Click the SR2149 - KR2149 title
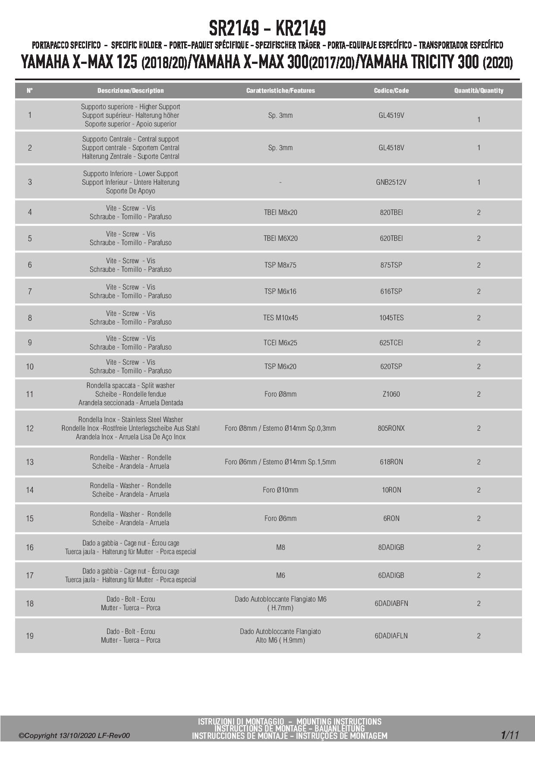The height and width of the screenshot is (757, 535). pyautogui.click(x=267, y=28)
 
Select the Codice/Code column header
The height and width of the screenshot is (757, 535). pyautogui.click(x=391, y=91)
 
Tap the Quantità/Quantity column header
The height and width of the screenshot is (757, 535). pyautogui.click(x=478, y=91)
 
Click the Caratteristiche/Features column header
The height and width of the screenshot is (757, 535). pyautogui.click(x=280, y=91)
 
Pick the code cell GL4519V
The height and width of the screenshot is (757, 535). pyautogui.click(x=391, y=115)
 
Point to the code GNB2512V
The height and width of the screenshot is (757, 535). pyautogui.click(x=391, y=182)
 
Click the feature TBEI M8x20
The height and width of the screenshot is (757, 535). pyautogui.click(x=280, y=212)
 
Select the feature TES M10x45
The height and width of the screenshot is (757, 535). pyautogui.click(x=280, y=318)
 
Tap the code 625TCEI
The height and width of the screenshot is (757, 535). pyautogui.click(x=391, y=343)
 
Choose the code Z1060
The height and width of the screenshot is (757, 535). pyautogui.click(x=391, y=394)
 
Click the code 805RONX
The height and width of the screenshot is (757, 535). pyautogui.click(x=391, y=428)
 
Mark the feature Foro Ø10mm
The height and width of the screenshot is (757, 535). pyautogui.click(x=280, y=490)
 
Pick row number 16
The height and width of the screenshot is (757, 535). pyautogui.click(x=30, y=547)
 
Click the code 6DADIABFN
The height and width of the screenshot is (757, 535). pyautogui.click(x=391, y=603)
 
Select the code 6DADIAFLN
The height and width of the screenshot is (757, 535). pyautogui.click(x=391, y=636)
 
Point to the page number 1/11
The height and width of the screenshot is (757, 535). pyautogui.click(x=510, y=735)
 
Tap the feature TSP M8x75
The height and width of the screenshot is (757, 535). pyautogui.click(x=280, y=265)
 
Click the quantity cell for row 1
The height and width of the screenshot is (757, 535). pyautogui.click(x=478, y=120)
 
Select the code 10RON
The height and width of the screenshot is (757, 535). pyautogui.click(x=391, y=490)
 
